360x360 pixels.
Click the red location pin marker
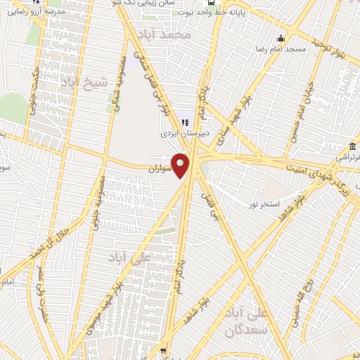point(181,165)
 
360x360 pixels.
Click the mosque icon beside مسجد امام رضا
point(281,38)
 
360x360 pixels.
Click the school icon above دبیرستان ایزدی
point(185,122)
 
